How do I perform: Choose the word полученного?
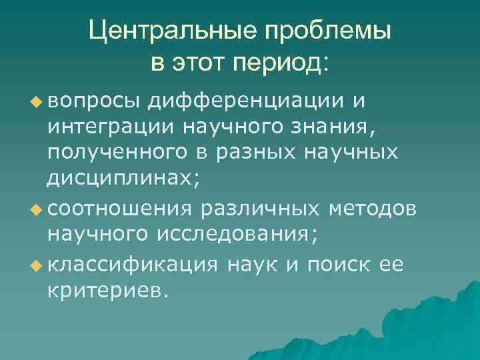pyautogui.click(x=117, y=154)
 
